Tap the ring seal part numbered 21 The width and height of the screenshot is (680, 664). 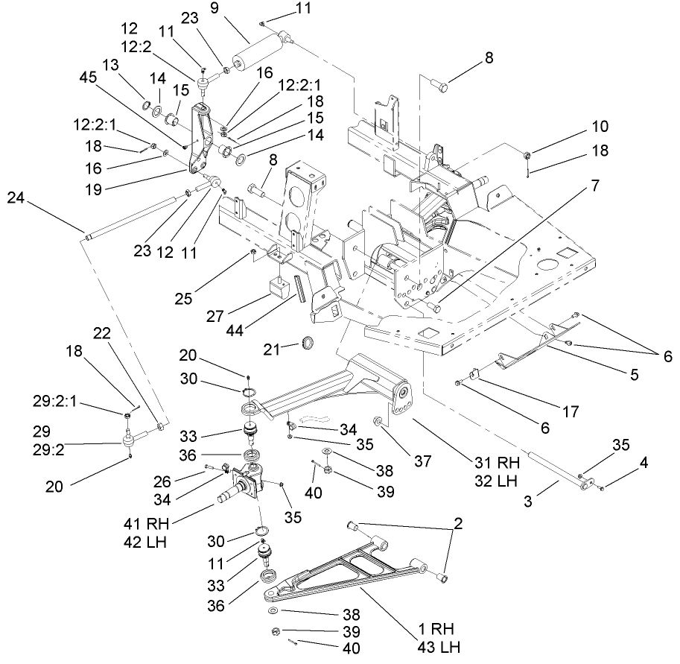point(307,344)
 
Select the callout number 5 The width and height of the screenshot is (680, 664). point(634,376)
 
